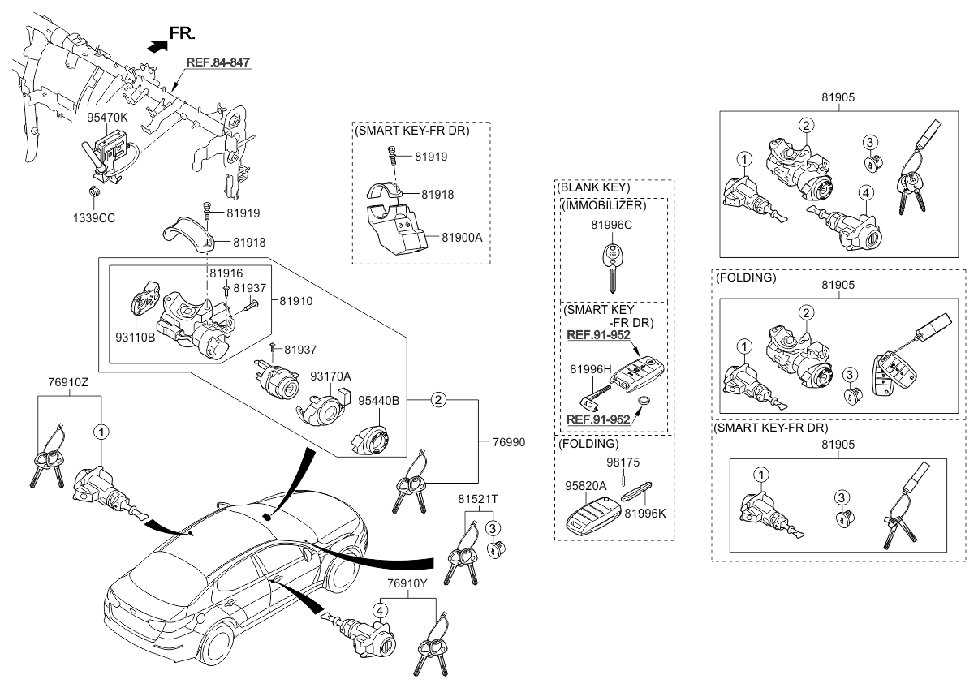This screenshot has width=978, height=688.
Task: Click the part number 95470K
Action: [107, 118]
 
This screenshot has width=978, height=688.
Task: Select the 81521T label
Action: [475, 499]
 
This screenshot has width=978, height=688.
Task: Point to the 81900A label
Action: [463, 237]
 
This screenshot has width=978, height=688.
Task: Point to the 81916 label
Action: [226, 273]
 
